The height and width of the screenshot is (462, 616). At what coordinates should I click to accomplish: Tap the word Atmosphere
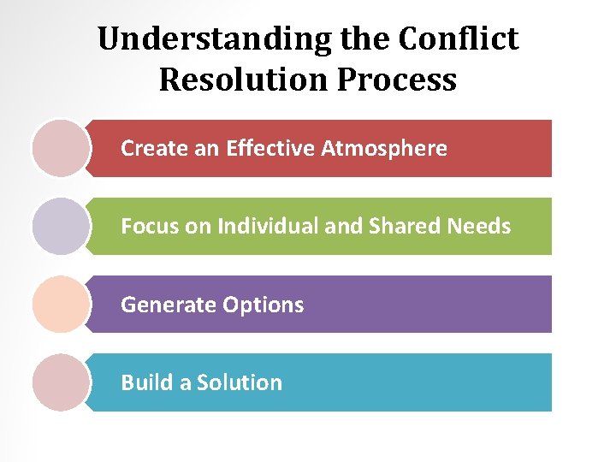[384, 149]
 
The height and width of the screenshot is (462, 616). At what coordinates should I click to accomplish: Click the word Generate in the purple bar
[169, 305]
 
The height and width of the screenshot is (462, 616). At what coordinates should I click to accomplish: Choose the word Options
[264, 305]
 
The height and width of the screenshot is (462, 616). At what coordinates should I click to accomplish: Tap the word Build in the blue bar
[146, 382]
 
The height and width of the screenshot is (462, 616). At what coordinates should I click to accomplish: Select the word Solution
[240, 382]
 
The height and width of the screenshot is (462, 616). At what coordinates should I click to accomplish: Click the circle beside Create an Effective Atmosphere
[61, 148]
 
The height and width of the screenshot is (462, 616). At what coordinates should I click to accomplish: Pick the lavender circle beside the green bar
[61, 226]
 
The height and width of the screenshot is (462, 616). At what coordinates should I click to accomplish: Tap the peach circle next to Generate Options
[61, 304]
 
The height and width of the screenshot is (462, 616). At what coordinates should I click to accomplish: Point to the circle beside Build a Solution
[61, 382]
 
